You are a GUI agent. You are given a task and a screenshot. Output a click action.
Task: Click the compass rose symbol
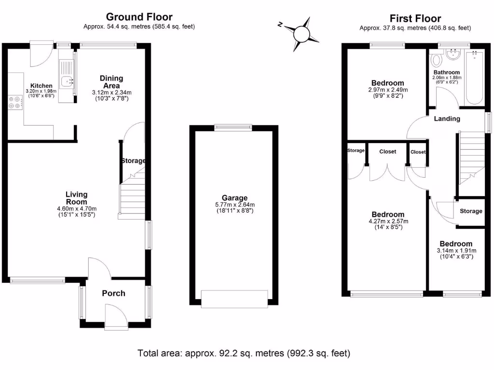click(x=302, y=33)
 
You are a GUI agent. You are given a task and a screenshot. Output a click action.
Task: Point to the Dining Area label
click(x=111, y=81)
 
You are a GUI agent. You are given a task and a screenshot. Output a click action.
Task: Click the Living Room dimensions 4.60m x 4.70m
click(x=77, y=209)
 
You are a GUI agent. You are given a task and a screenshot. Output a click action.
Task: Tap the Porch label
click(x=113, y=293)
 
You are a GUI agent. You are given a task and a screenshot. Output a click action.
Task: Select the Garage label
click(x=234, y=198)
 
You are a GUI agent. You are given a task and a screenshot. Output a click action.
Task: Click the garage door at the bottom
click(x=234, y=298)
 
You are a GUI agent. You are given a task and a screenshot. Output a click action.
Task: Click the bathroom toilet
click(x=437, y=60)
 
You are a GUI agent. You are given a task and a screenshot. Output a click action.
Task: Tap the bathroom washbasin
click(x=453, y=55)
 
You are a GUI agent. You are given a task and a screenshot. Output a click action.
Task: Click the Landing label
click(x=447, y=119)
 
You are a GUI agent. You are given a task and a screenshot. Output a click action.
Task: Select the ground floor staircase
click(x=132, y=195)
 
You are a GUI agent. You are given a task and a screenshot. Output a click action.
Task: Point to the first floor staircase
click(x=471, y=159)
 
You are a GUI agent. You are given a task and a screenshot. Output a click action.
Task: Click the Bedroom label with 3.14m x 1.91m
click(x=455, y=244)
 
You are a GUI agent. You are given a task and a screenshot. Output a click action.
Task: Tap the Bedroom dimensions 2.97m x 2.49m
click(x=386, y=90)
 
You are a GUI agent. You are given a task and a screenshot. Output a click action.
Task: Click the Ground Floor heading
click(x=139, y=18)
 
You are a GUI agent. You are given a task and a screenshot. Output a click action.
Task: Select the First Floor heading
click(x=415, y=19)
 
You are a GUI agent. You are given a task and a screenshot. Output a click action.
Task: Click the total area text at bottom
click(x=244, y=353)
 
